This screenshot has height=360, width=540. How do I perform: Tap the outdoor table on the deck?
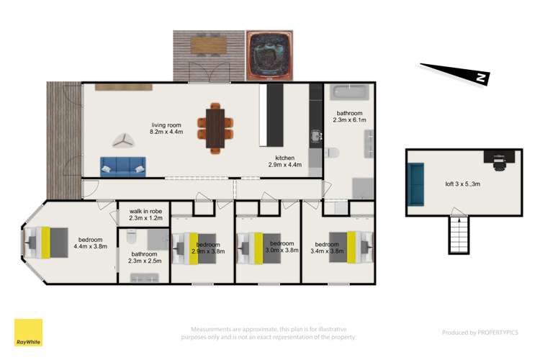pyautogui.click(x=208, y=45)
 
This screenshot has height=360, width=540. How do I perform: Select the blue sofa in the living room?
pyautogui.click(x=122, y=166)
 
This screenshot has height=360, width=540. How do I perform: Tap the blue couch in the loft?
pyautogui.click(x=415, y=183)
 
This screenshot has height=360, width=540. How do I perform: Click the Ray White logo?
pyautogui.click(x=28, y=333)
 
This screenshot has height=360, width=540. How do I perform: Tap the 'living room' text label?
pyautogui.click(x=166, y=127)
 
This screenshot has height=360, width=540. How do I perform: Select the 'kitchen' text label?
pyautogui.click(x=286, y=161)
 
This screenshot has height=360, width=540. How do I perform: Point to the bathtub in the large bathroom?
pyautogui.click(x=348, y=94)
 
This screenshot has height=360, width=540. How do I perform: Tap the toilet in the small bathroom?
pyautogui.click(x=131, y=237)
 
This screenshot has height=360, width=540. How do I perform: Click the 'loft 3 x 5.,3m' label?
pyautogui.click(x=460, y=184)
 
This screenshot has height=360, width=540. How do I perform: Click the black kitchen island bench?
pyautogui.click(x=272, y=116)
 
